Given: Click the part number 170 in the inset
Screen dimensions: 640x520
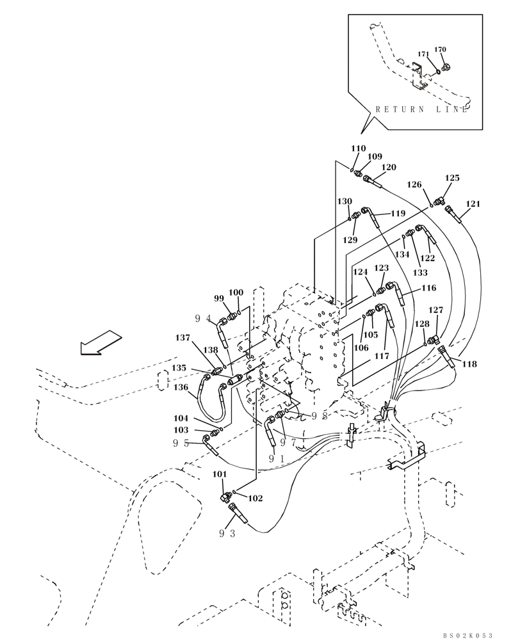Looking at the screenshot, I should (440, 49).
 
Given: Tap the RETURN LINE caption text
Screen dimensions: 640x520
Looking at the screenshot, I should (422, 109).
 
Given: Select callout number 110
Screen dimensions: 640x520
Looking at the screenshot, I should (358, 148).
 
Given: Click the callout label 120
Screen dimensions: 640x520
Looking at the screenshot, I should (389, 167).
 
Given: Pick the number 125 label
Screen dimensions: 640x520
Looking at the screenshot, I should (452, 178).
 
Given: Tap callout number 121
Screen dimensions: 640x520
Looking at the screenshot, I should (473, 204).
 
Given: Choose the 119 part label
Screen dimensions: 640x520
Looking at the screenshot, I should (398, 213).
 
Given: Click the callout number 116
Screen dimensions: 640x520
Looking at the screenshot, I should (428, 289).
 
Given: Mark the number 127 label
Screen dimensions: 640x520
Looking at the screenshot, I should (435, 310).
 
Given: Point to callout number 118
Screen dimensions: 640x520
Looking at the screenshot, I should (469, 364).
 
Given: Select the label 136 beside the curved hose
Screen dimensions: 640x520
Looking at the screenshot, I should (181, 387).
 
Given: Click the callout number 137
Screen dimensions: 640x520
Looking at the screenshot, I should (183, 337).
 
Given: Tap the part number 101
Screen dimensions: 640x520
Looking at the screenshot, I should (220, 474).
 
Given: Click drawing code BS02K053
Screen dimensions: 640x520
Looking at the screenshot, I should (467, 635).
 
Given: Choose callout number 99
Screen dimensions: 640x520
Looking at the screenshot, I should (219, 298).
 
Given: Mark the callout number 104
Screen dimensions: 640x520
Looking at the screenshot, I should (181, 417).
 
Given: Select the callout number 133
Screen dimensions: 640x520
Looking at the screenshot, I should (420, 273).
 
